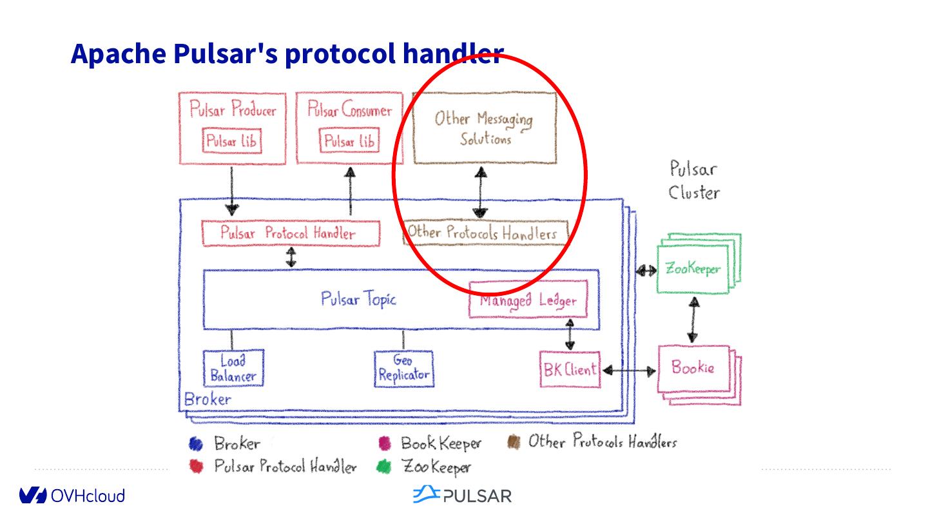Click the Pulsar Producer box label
pos(233,110)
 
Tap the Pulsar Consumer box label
pos(349,110)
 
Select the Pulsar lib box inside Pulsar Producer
pos(233,141)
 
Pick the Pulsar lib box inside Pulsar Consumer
pos(349,141)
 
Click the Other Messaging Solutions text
pos(483,128)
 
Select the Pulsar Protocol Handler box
pos(291,233)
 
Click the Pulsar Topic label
pos(358,299)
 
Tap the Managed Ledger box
pos(528,300)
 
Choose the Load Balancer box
pos(233,368)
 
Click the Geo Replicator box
pos(403,369)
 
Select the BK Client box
pos(570,369)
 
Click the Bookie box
pos(693,368)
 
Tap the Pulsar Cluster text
pos(693,180)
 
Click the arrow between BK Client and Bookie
pos(629,371)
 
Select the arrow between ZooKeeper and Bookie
pos(693,320)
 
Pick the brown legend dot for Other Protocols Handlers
pos(514,443)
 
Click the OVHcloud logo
pos(72,496)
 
